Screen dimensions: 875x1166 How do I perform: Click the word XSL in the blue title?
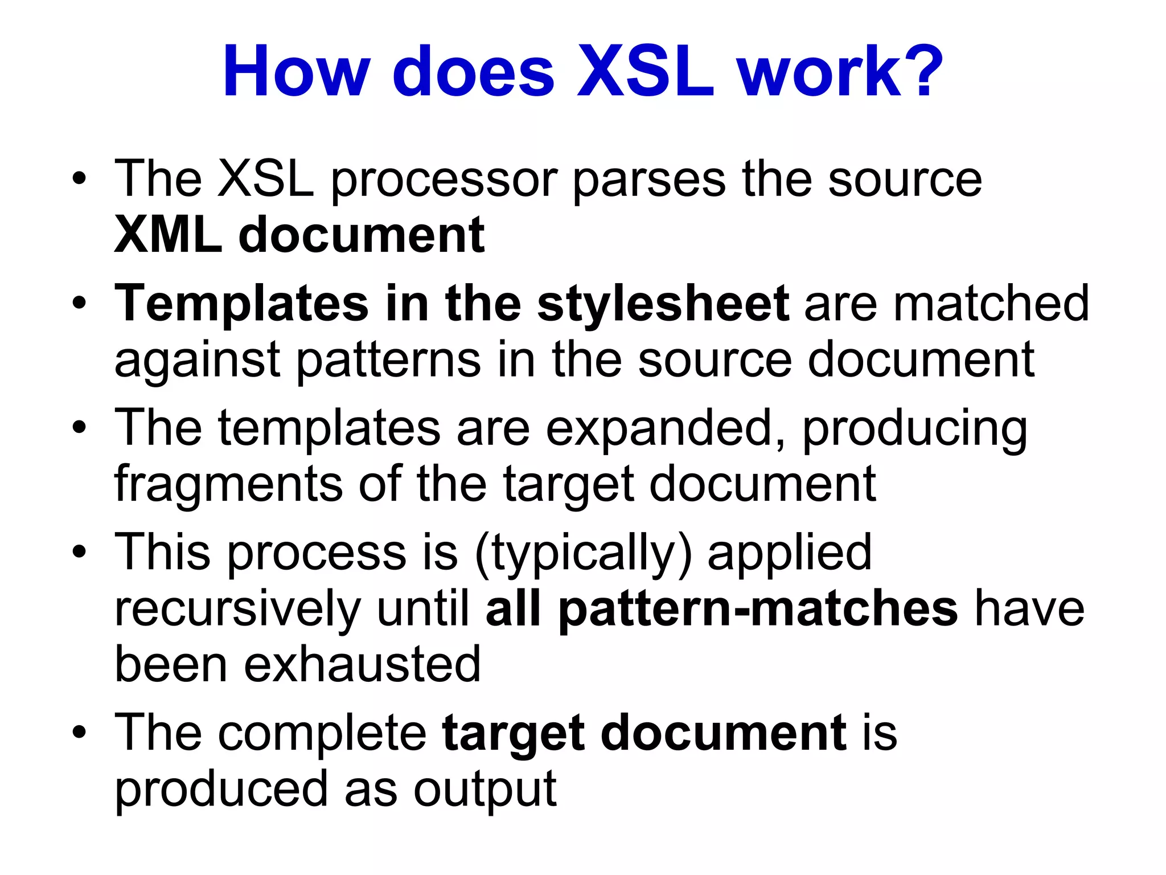(645, 72)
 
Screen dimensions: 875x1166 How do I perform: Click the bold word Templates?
(241, 304)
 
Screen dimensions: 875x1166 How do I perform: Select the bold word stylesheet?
(663, 303)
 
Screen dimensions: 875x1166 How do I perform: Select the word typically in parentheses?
(583, 553)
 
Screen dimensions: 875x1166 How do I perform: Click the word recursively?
(237, 608)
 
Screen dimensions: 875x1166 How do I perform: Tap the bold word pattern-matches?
(758, 608)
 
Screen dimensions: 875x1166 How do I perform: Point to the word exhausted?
(362, 664)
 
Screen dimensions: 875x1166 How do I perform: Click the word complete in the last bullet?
(322, 733)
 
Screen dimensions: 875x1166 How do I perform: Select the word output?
(485, 791)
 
